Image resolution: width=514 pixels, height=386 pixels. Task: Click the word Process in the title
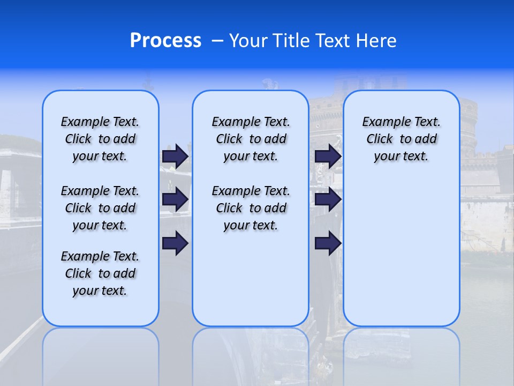click(165, 40)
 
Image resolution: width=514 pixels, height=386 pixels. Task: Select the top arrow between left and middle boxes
click(175, 156)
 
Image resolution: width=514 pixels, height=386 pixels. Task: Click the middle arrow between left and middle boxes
click(175, 199)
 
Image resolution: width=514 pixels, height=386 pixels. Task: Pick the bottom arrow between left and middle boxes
click(175, 243)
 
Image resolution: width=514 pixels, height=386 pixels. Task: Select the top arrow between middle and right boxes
click(328, 156)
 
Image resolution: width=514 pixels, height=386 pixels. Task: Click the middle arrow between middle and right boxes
click(328, 199)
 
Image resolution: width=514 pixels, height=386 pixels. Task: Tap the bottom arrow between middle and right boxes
click(328, 243)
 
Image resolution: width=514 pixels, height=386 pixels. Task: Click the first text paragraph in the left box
click(100, 139)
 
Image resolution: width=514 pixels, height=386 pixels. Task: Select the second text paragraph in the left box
click(100, 208)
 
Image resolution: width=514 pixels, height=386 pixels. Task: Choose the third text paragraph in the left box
click(100, 273)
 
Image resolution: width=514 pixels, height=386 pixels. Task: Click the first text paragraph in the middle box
click(251, 139)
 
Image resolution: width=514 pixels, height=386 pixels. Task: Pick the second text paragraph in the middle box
click(251, 208)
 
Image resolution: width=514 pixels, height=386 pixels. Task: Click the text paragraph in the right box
click(401, 139)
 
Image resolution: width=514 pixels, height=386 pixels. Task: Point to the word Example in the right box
click(382, 122)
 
